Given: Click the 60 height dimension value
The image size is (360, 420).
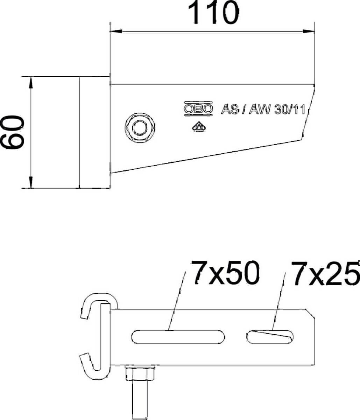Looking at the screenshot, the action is click(x=12, y=132).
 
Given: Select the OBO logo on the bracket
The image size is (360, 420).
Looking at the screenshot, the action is click(x=198, y=109).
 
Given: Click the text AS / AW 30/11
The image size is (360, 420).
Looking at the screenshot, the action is click(x=263, y=110).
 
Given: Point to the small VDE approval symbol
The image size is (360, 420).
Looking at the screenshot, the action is click(x=199, y=127).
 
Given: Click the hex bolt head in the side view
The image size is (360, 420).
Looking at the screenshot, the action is click(x=140, y=128).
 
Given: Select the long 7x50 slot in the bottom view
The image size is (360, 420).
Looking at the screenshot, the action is click(x=178, y=337).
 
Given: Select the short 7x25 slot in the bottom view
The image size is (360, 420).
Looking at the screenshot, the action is click(x=270, y=337).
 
